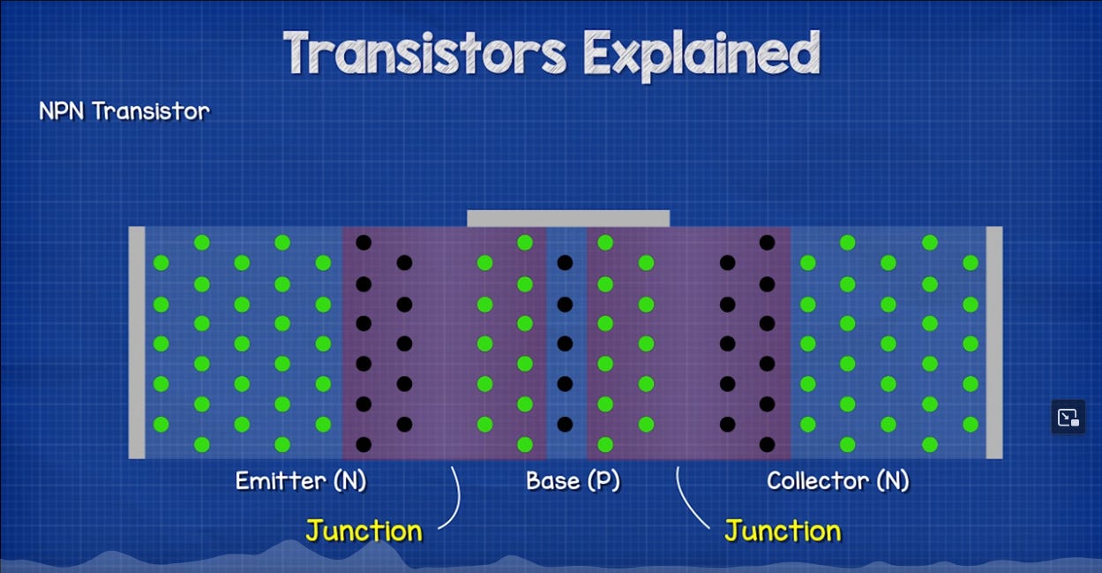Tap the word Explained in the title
(x=702, y=55)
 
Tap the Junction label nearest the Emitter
(x=364, y=531)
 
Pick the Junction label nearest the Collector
(x=783, y=531)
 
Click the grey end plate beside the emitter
(x=137, y=343)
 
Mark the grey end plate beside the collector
(x=993, y=343)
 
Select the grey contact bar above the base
(x=568, y=218)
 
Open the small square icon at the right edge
(x=1068, y=417)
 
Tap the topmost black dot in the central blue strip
(x=565, y=262)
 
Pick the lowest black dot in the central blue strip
(x=565, y=424)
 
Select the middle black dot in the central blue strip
(x=565, y=343)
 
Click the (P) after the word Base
(x=605, y=481)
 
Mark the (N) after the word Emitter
(x=350, y=481)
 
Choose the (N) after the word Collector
(x=893, y=481)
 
